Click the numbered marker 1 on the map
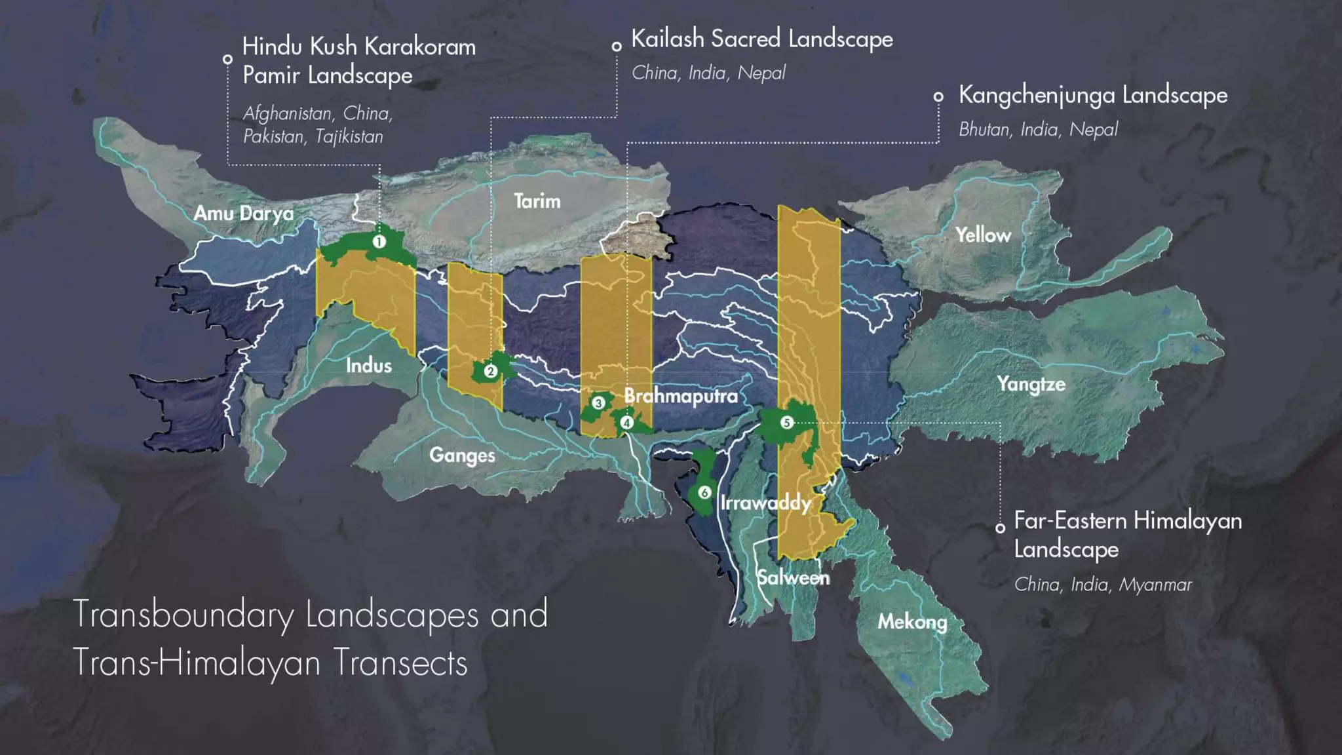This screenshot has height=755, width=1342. pos(379,242)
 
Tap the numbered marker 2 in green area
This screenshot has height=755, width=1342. pos(490,372)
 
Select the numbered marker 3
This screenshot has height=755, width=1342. pos(598,402)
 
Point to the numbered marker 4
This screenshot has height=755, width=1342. pos(627,423)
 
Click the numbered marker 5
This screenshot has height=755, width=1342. pos(787,423)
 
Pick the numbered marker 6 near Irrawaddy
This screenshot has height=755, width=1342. pos(704,492)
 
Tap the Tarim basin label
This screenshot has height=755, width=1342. pos(537,201)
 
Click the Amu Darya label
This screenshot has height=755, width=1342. pos(243,213)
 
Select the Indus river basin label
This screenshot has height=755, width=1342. pos(368,365)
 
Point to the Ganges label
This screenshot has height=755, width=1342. pos(462,455)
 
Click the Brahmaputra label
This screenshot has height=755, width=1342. pos(680,396)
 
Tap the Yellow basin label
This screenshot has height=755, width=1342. pos(982,235)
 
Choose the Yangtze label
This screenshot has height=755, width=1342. pos(1031,383)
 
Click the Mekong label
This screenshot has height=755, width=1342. pos(912,621)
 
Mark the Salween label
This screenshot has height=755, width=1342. pos(793,577)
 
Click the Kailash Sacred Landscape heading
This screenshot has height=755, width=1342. pos(761,39)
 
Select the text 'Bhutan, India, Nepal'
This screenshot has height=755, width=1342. pos(1038,129)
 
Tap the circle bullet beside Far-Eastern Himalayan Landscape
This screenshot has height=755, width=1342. pos(1000,528)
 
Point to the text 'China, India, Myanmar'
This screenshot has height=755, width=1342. pos(1103,584)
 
